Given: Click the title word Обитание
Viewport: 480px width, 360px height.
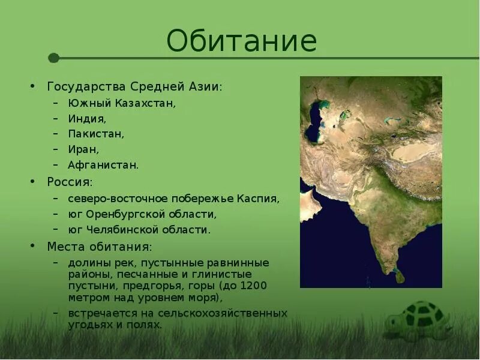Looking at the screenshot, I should point(241,41).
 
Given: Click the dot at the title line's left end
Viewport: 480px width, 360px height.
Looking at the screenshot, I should point(53,58).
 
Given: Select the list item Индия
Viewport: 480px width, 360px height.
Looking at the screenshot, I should point(87,119).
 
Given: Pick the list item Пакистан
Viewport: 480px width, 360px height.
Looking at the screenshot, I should point(97,134).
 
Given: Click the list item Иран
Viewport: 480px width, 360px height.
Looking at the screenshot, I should point(83,149).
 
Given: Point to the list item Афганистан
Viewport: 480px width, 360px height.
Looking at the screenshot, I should point(103,164).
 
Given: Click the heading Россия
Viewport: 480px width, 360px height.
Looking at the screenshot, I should point(70,181).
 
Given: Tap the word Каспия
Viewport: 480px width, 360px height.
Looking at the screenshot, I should point(259,198).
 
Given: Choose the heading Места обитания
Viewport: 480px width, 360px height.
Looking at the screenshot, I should point(100,247).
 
